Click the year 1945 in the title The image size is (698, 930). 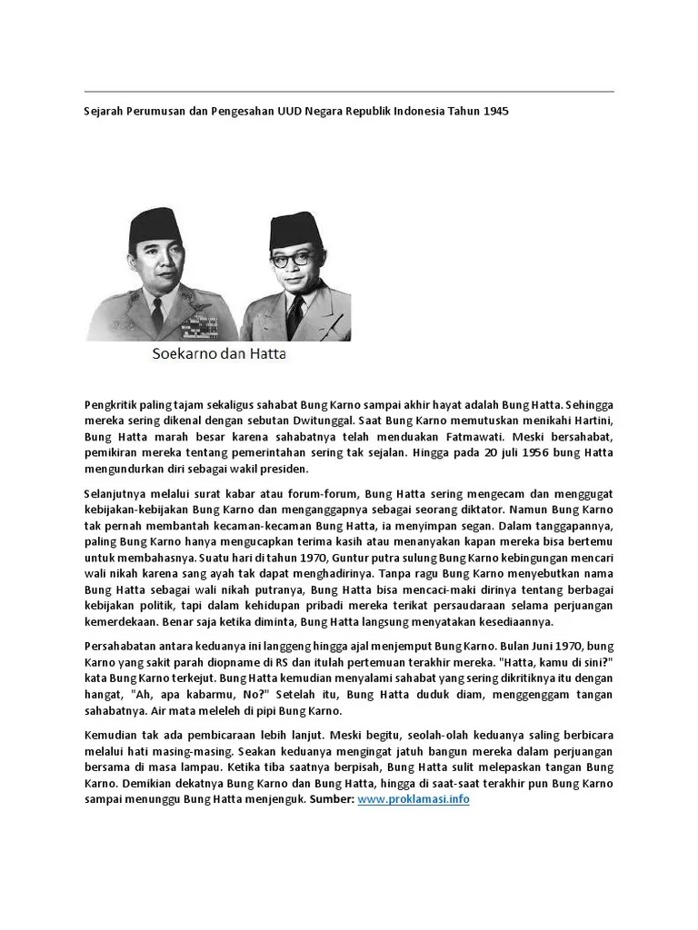tap(495, 111)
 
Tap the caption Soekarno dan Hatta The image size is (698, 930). tap(218, 355)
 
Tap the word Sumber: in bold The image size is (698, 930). tap(331, 799)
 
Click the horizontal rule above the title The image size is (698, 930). tap(349, 92)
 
